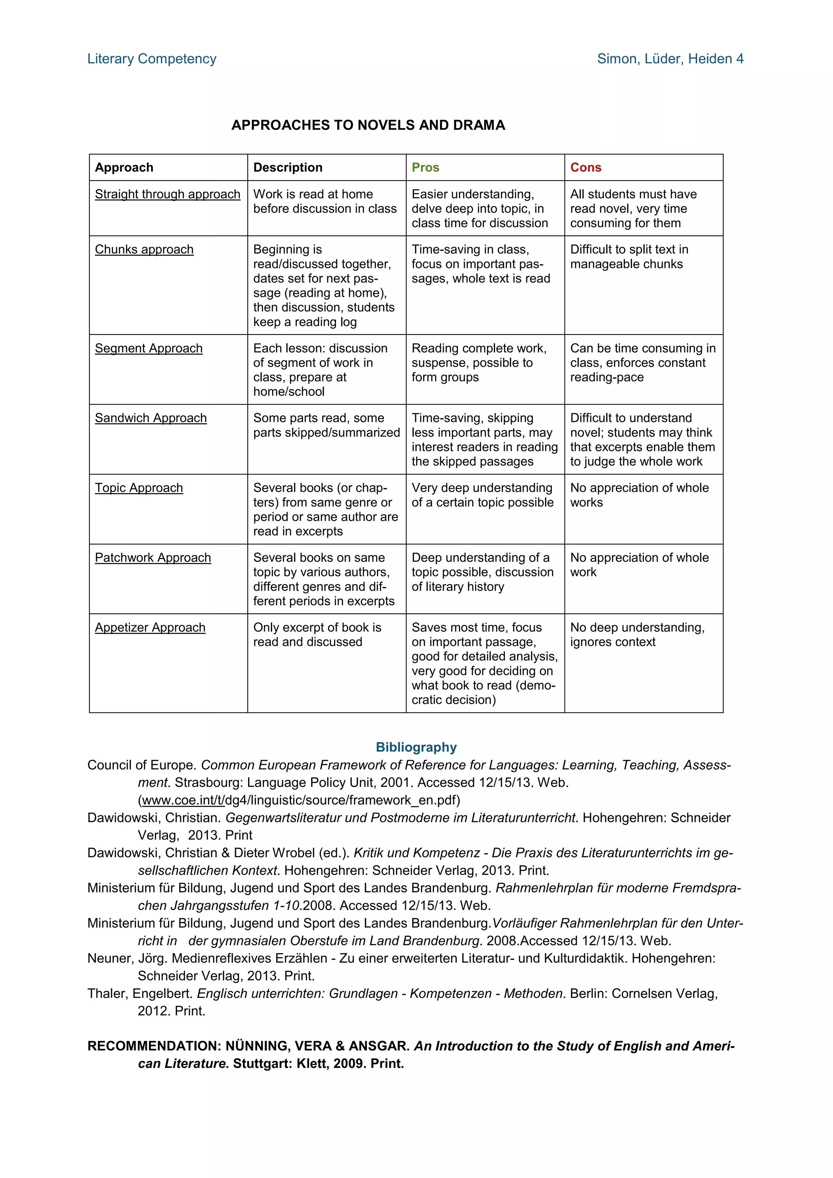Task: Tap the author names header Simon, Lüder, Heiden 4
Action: pos(670,59)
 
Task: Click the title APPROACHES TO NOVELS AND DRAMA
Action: pos(368,125)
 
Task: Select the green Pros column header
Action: pos(425,168)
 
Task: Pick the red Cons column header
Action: pos(585,168)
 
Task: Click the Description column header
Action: pos(288,168)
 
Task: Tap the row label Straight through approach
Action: pos(167,194)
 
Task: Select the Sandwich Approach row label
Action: pos(150,418)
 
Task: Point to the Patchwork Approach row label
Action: pos(153,558)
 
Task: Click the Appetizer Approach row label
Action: pos(150,628)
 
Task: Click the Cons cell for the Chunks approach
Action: pos(629,257)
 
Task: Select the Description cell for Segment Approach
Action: pos(320,370)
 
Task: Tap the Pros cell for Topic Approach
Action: pos(482,495)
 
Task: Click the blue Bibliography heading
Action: pos(416,747)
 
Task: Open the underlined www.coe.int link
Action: pos(183,800)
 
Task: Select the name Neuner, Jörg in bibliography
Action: pos(126,958)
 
